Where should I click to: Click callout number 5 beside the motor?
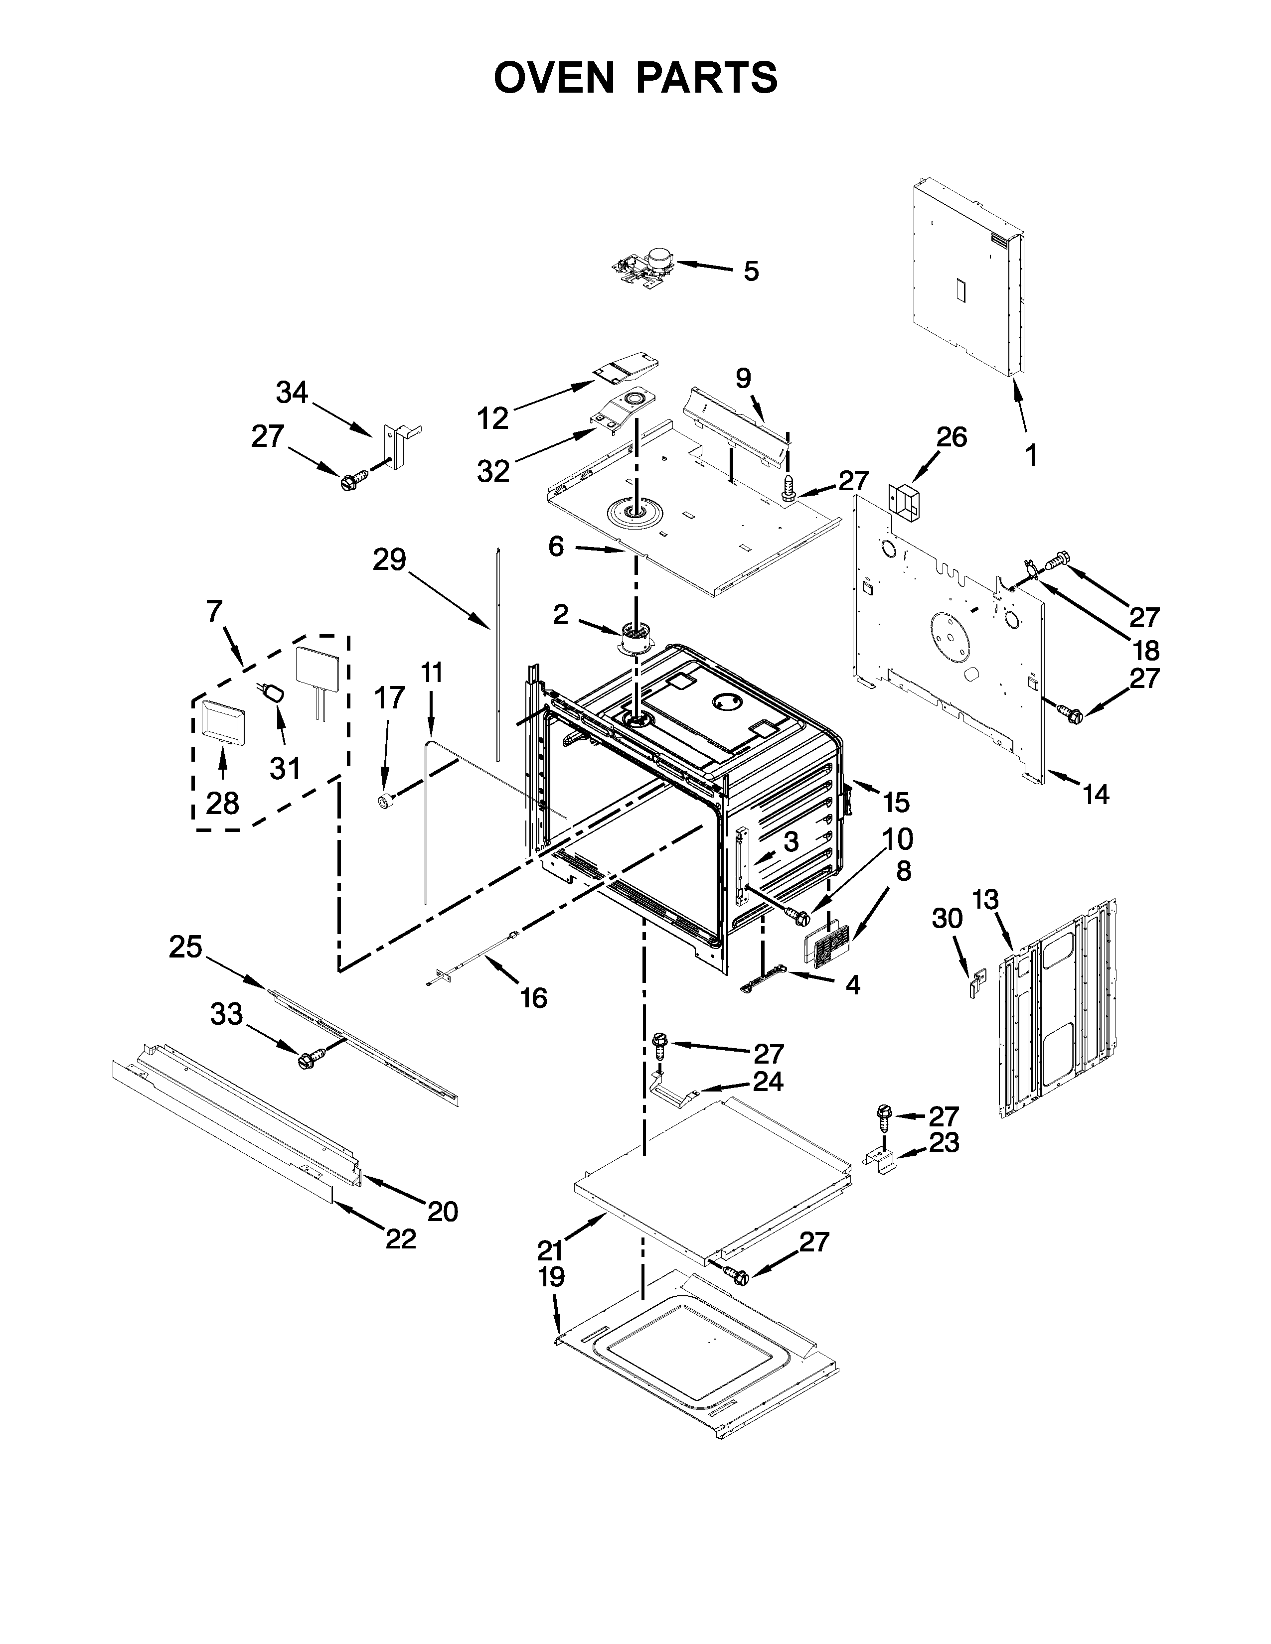pos(751,271)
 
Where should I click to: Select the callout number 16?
pos(533,998)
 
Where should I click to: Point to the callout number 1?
pos(1031,455)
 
